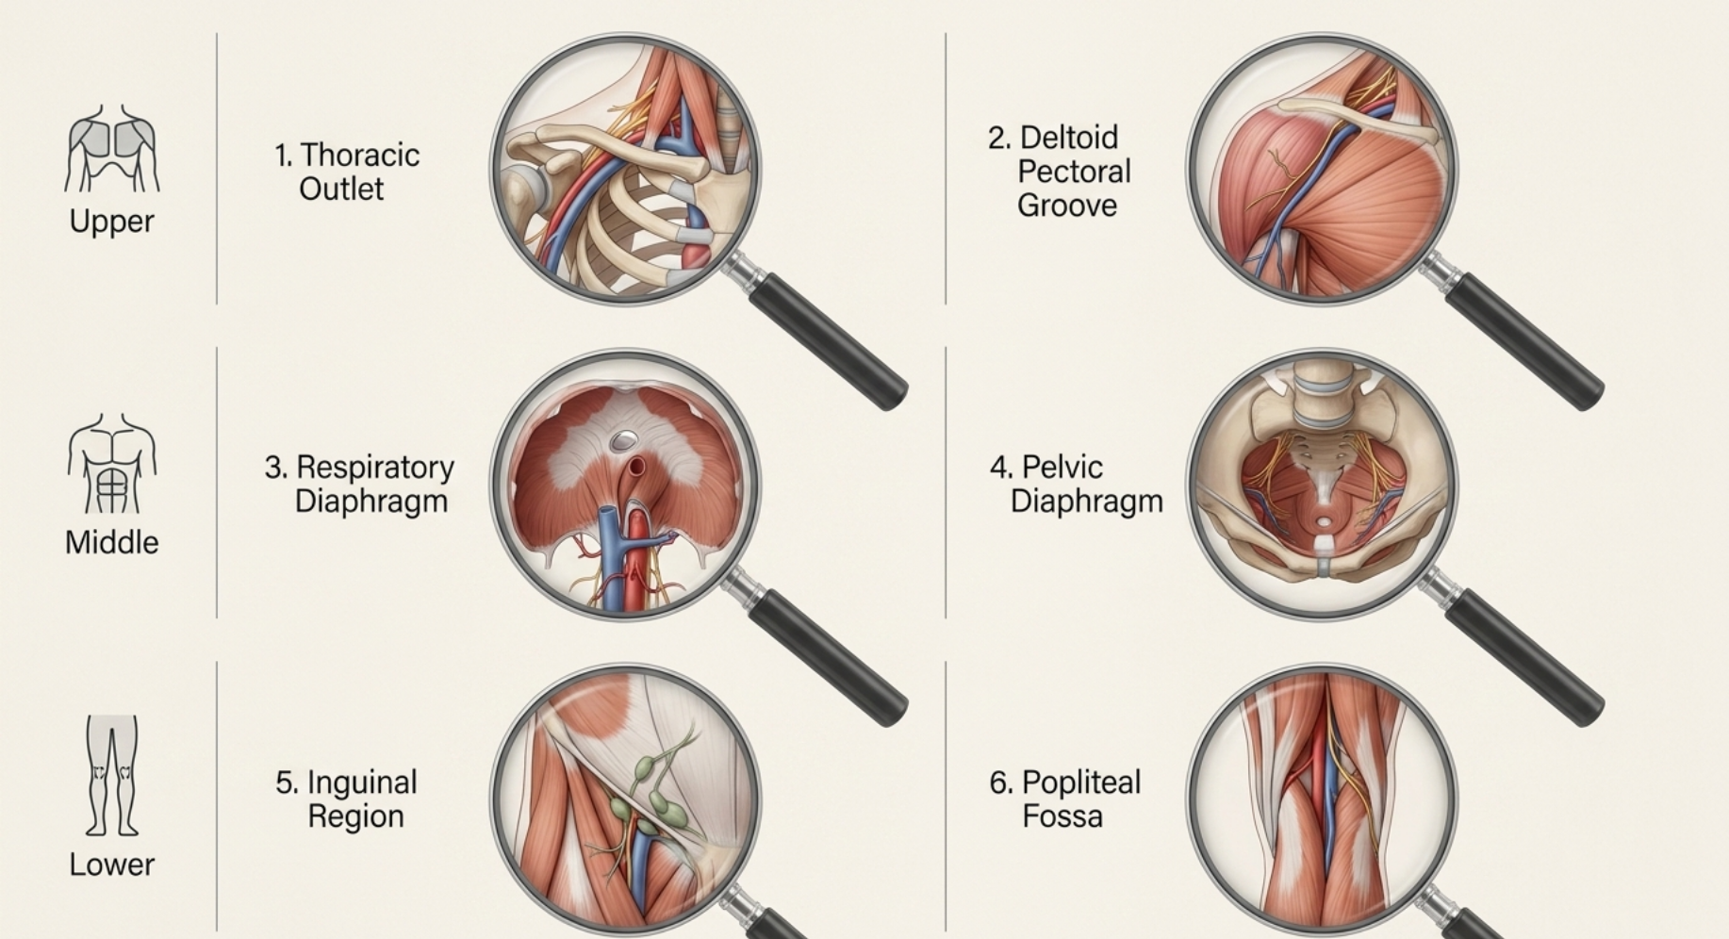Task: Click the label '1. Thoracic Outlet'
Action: coord(346,172)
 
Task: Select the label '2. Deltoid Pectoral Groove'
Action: coord(1060,172)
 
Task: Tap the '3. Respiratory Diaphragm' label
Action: coord(359,484)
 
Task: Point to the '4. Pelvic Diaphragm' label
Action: coord(1076,484)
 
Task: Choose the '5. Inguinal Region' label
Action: coord(346,799)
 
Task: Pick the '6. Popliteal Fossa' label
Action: coord(1064,799)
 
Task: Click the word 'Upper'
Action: coord(111,221)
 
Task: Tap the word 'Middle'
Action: coord(111,542)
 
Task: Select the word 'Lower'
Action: coord(111,865)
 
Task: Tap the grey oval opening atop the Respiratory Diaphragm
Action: coord(623,439)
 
